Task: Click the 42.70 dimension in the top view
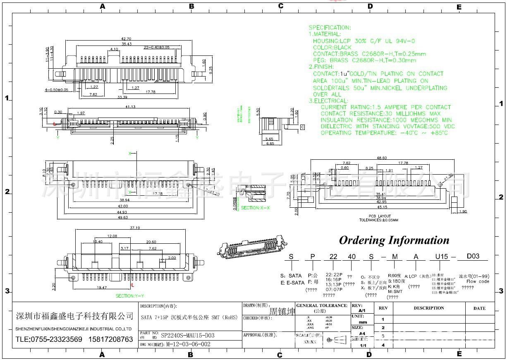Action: point(126,39)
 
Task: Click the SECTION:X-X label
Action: point(255,208)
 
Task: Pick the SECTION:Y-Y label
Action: point(130,296)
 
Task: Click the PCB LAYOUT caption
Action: point(380,216)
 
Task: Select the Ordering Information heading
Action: point(394,240)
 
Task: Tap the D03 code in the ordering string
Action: point(473,256)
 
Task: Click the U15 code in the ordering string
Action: point(441,257)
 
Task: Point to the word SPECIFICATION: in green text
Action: point(330,28)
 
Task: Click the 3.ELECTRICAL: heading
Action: point(329,101)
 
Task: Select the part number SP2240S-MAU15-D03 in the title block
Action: point(187,336)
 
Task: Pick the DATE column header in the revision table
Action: point(479,308)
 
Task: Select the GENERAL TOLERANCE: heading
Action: point(322,306)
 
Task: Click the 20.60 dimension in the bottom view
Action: point(151,242)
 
